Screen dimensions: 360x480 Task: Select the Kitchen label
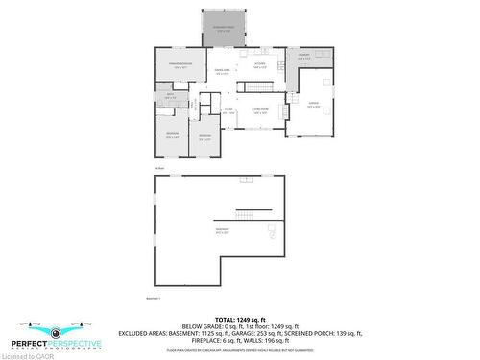pos(259,65)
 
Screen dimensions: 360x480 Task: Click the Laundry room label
pos(303,57)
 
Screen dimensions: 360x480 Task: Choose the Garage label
pos(313,106)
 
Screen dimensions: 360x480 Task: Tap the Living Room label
pos(260,112)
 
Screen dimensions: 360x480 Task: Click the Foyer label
pos(228,112)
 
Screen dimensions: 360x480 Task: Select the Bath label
pos(170,95)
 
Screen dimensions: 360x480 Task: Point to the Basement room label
pos(223,230)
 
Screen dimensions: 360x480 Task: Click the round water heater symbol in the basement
pos(272,232)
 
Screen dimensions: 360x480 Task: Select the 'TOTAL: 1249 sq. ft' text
pos(240,319)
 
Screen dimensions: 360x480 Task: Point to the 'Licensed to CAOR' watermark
pos(21,355)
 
